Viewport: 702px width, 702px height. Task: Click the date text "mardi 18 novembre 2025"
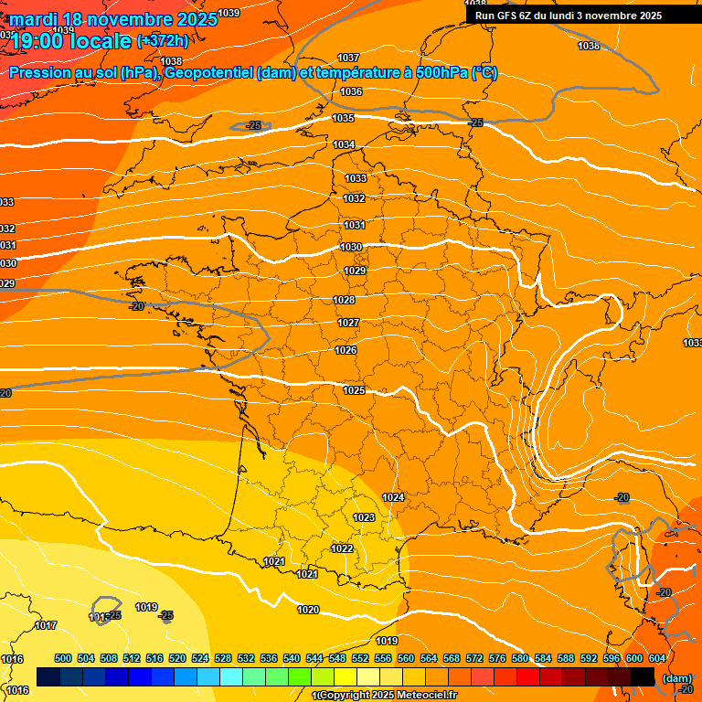point(113,19)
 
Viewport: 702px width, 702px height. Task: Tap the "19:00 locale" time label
point(71,40)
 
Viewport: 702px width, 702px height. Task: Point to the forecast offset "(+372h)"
point(163,41)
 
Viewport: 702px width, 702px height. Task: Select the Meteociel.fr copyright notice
point(384,696)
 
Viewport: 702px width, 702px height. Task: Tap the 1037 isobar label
point(348,58)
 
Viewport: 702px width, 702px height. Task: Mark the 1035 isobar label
point(343,119)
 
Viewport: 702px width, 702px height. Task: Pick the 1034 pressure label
point(344,145)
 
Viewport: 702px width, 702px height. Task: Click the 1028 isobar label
point(344,301)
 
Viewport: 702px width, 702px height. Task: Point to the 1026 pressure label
point(346,351)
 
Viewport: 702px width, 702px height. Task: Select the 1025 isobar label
point(354,391)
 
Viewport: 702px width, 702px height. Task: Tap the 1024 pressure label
point(393,497)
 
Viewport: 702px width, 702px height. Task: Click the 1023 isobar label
point(364,517)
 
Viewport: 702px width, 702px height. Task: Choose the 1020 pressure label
point(308,610)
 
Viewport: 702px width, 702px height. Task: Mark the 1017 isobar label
point(46,626)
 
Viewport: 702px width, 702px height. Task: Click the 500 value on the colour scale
point(63,658)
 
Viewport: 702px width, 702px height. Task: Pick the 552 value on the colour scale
point(360,658)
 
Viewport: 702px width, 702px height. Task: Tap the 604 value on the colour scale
point(656,658)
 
